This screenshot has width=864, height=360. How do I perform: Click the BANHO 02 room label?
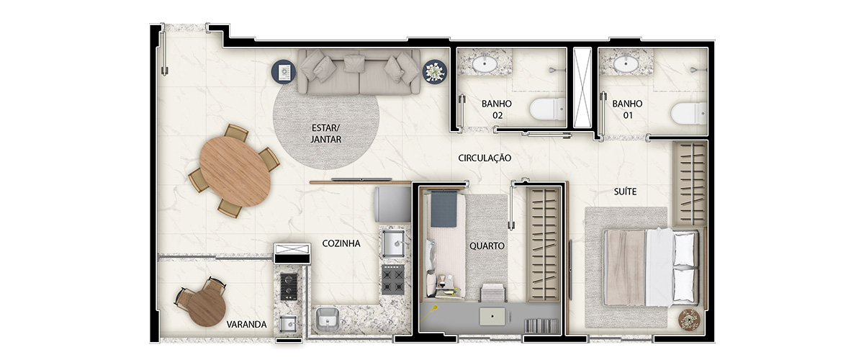point(497,109)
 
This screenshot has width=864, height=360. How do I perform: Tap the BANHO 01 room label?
point(627,109)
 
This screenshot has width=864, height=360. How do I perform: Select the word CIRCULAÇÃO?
point(485,158)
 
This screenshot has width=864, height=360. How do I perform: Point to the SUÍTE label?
point(625,192)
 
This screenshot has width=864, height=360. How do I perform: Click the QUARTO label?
point(487,246)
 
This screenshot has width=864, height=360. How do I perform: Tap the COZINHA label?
point(341,243)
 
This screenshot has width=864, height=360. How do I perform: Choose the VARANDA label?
point(246,325)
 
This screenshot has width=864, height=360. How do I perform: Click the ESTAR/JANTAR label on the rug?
point(326,133)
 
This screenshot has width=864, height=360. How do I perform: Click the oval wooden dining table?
point(235,171)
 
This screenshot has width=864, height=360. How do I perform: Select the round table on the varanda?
point(207,307)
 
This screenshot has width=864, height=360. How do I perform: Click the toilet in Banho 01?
point(689,114)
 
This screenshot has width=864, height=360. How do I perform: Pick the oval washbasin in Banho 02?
point(485,64)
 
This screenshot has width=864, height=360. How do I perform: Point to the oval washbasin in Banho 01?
point(626,64)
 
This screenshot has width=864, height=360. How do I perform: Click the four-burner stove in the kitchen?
point(393,279)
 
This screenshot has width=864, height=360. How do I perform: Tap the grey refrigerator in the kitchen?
point(392,204)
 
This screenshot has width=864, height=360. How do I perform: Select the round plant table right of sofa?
point(435,71)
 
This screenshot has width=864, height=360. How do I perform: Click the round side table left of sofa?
point(284,71)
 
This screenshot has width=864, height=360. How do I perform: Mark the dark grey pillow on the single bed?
point(444,210)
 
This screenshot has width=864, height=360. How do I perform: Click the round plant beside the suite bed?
point(689,320)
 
